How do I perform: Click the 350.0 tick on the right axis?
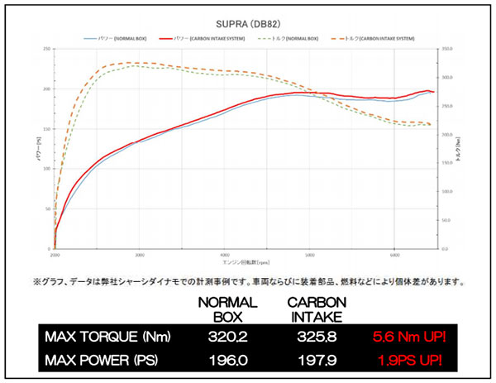point(447,49)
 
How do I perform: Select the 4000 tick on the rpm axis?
point(225,255)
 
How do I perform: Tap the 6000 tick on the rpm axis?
point(395,255)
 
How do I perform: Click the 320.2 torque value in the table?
point(222,337)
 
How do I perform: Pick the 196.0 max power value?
point(222,361)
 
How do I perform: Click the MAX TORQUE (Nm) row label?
point(98,337)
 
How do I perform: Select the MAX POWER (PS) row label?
point(96,361)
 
